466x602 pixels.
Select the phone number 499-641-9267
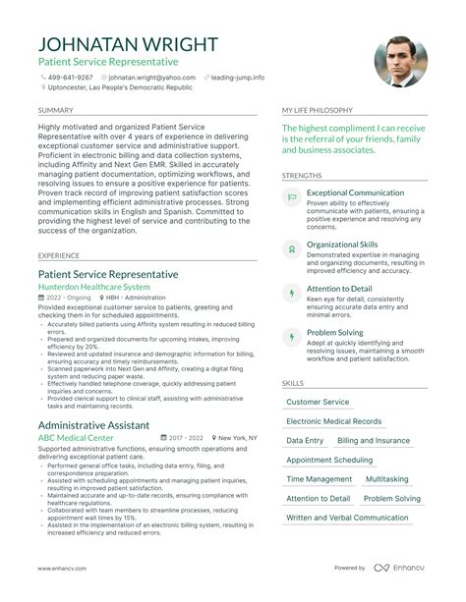click(70, 77)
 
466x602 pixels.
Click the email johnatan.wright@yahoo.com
click(151, 77)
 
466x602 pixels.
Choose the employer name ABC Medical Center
click(76, 437)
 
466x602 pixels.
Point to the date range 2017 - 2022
click(184, 437)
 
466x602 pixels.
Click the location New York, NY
click(237, 437)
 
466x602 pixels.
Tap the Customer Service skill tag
click(317, 402)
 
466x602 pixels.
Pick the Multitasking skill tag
click(387, 479)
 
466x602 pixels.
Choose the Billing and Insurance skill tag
click(374, 441)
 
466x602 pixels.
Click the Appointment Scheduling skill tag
click(329, 460)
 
